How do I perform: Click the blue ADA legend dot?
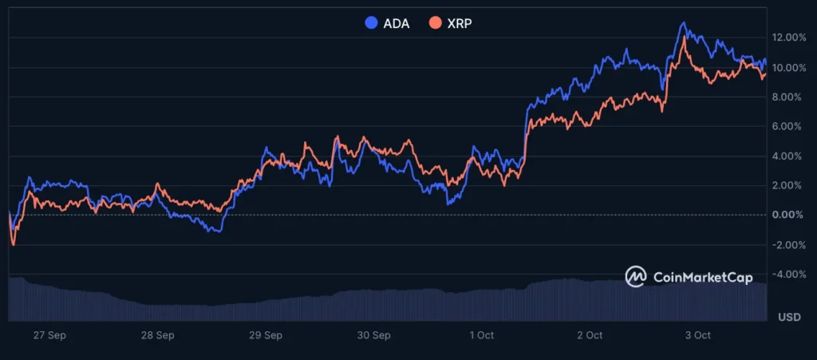[x=371, y=23]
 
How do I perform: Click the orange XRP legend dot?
[x=435, y=23]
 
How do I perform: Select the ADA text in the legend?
[x=397, y=23]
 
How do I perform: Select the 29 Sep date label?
[x=266, y=335]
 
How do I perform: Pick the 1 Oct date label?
[x=482, y=335]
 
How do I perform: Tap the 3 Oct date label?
[x=698, y=335]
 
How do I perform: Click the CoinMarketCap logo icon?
[x=636, y=276]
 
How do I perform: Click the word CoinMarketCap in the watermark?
[x=703, y=277]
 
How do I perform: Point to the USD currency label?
[x=790, y=318]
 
